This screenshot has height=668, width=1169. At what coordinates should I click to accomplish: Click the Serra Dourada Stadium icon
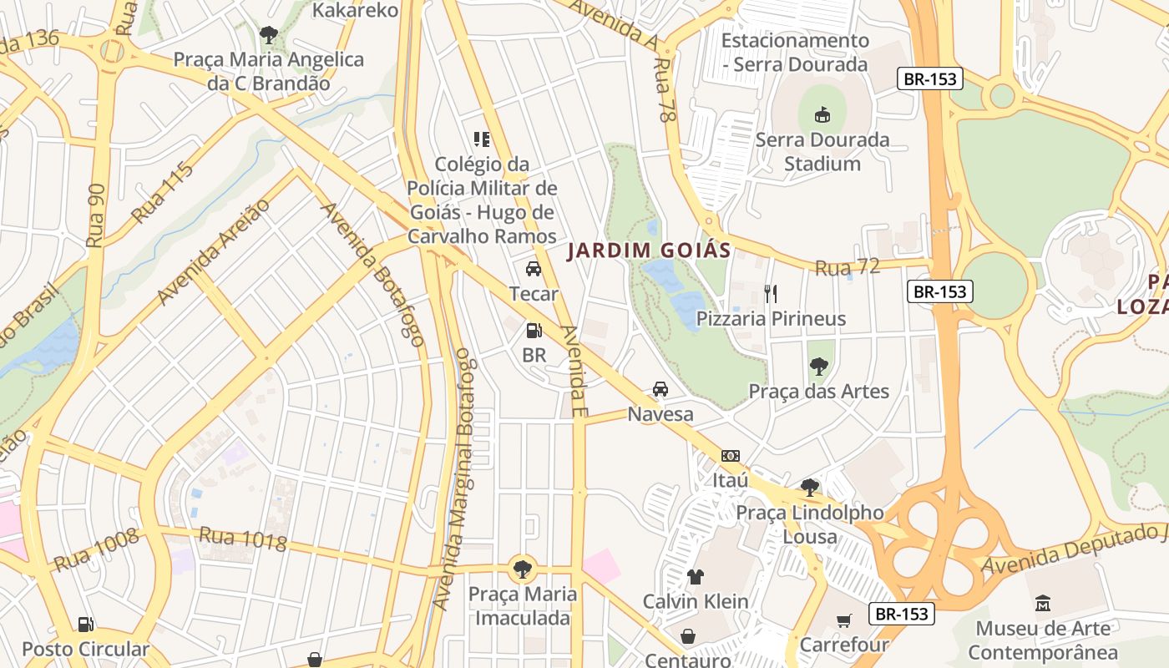[822, 114]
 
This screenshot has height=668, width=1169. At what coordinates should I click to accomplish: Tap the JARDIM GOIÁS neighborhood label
[649, 250]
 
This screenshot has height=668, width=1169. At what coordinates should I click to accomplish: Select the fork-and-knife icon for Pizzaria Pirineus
[771, 293]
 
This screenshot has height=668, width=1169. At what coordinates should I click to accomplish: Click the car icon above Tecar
[533, 269]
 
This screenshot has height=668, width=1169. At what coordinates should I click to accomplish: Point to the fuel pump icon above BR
[534, 330]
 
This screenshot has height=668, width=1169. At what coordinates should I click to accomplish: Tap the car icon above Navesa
[660, 389]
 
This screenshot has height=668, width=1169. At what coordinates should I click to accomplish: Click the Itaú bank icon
[731, 456]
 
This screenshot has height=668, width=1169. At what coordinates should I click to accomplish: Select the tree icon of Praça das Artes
[818, 366]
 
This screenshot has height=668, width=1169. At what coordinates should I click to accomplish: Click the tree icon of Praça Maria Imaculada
[523, 569]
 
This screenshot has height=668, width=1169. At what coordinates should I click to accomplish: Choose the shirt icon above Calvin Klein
[695, 576]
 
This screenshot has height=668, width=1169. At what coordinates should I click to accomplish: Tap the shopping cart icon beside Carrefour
[844, 620]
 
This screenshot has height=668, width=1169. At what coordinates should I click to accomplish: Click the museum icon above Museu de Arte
[1042, 603]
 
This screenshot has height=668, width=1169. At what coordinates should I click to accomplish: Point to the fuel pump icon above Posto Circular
[85, 624]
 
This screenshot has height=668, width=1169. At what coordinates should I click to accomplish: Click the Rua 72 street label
[847, 267]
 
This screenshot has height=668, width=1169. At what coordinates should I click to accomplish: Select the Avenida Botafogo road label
[373, 275]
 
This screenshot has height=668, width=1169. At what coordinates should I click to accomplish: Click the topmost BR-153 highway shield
[931, 79]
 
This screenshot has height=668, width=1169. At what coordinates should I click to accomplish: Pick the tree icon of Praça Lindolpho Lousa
[808, 487]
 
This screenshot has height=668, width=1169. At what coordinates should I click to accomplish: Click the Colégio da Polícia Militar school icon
[482, 139]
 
